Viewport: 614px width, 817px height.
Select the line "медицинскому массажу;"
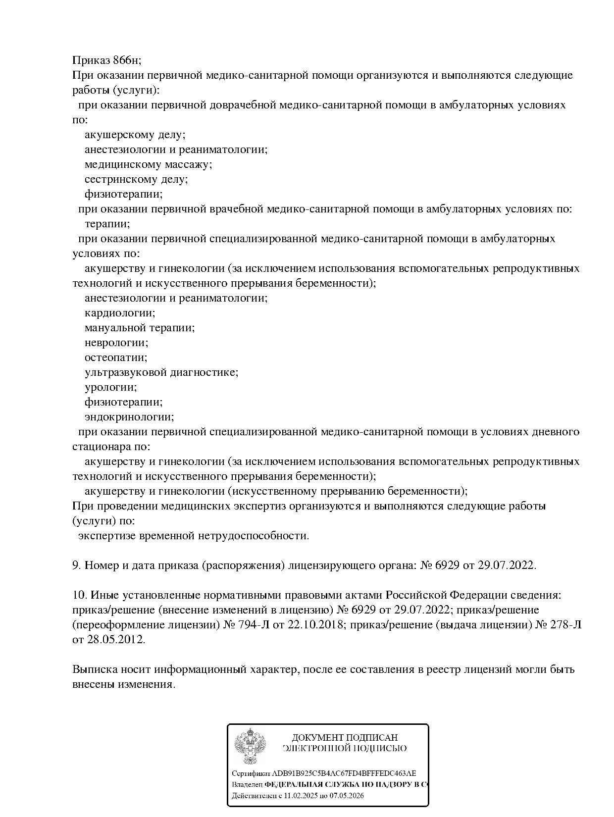pyautogui.click(x=148, y=164)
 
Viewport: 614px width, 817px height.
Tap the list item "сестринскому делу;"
pyautogui.click(x=136, y=179)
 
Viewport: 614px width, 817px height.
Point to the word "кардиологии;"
pyautogui.click(x=120, y=313)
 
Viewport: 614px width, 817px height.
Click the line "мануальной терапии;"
pyautogui.click(x=140, y=328)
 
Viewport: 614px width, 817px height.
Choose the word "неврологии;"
pyautogui.click(x=116, y=343)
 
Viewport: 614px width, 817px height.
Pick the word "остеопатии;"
pyautogui.click(x=116, y=357)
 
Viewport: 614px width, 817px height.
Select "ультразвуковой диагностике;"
pyautogui.click(x=161, y=372)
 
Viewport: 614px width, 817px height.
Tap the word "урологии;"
pyautogui.click(x=111, y=387)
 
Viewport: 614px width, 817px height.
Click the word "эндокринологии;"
pyautogui.click(x=129, y=417)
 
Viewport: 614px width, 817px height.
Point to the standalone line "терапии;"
pyautogui.click(x=107, y=224)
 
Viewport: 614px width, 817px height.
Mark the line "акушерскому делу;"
pyautogui.click(x=135, y=135)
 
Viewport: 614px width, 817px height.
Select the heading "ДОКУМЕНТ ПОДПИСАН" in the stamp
pyautogui.click(x=345, y=738)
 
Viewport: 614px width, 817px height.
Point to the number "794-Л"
pyautogui.click(x=252, y=625)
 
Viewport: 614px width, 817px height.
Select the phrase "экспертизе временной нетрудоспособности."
pyautogui.click(x=194, y=536)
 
